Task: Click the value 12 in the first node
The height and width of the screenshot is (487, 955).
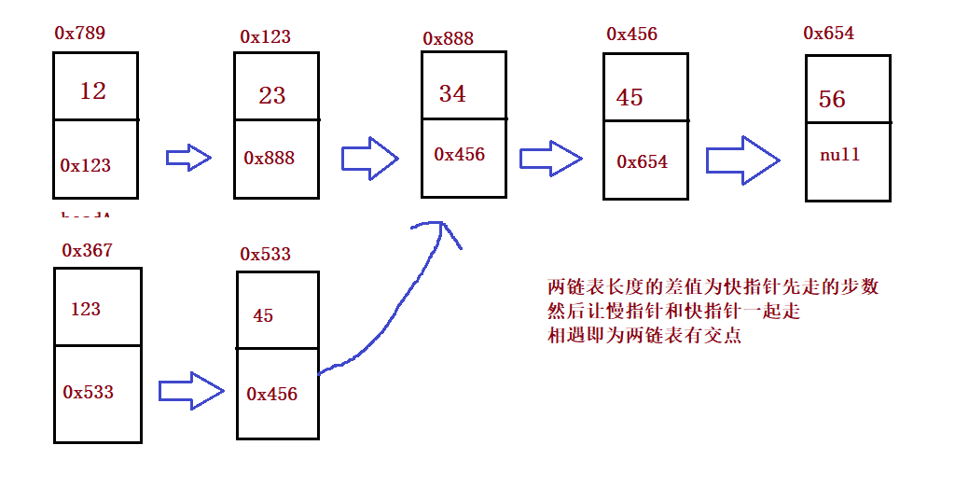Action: click(x=93, y=90)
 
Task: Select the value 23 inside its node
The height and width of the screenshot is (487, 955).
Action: click(x=272, y=95)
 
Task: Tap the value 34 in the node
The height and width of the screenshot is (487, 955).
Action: click(x=452, y=93)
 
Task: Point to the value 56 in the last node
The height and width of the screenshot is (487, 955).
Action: click(x=832, y=100)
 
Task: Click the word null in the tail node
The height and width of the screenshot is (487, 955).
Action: click(x=839, y=155)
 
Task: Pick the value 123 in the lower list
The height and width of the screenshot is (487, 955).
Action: click(x=85, y=309)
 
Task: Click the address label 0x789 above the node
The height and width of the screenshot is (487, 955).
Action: click(x=80, y=33)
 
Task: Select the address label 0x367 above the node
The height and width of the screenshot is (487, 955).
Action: click(x=87, y=250)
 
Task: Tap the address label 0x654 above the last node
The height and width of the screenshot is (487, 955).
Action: click(x=828, y=34)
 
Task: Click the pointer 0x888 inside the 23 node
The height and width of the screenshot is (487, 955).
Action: click(x=270, y=158)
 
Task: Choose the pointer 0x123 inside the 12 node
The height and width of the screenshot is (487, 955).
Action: click(x=86, y=165)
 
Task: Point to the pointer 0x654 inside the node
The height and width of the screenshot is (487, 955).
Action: click(x=643, y=161)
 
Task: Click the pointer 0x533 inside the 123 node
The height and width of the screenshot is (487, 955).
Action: click(x=89, y=392)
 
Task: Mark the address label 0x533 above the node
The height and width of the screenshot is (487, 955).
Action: click(x=266, y=254)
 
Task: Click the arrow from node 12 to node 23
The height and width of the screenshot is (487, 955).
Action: click(x=188, y=158)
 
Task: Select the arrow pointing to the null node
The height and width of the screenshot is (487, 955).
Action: click(x=741, y=160)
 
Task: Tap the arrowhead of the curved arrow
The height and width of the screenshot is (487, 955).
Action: click(x=440, y=229)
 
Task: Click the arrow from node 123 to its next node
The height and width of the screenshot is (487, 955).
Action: click(x=191, y=390)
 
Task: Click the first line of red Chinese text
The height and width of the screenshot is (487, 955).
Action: click(x=713, y=287)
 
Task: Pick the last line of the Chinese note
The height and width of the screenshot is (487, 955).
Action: click(x=644, y=336)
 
